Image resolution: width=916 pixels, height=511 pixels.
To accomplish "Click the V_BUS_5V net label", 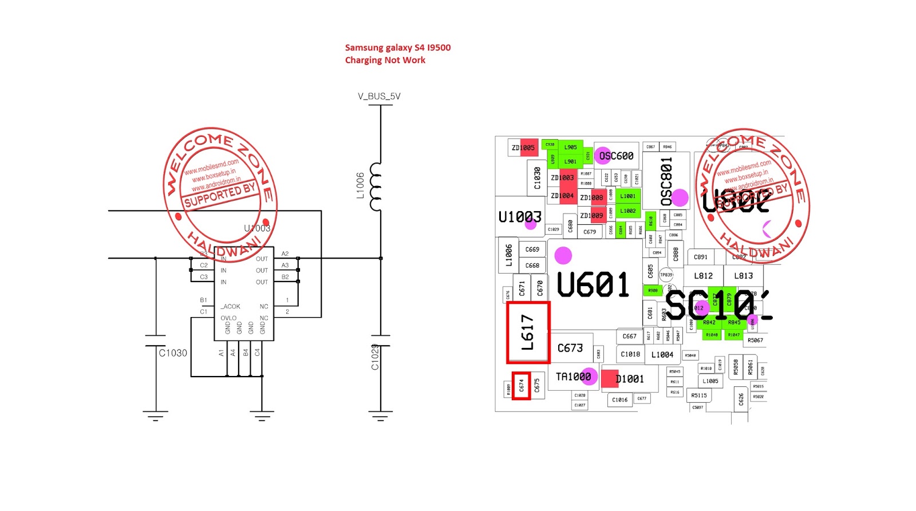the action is point(379,96).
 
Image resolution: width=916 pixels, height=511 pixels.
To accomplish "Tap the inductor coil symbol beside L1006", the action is point(376,187).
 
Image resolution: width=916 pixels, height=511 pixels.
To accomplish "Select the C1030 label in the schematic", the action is point(172,353).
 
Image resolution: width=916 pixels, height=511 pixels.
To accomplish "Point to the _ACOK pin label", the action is point(231,307).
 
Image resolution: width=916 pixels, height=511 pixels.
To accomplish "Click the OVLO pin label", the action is point(228,318).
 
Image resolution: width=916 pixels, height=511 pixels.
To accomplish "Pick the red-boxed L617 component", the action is point(528,332).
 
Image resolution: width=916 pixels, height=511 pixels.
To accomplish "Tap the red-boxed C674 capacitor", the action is point(521,386).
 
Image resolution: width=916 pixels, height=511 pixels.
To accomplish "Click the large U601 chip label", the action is point(593,284).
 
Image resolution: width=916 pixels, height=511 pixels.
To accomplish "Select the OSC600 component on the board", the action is point(616,156).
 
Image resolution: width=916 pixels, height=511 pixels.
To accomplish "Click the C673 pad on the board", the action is point(570,348).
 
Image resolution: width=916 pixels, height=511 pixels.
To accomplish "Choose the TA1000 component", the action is point(573,377).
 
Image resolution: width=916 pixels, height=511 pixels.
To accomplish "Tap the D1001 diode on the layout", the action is point(629,379).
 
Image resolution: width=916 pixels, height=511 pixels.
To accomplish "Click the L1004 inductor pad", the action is point(662,355).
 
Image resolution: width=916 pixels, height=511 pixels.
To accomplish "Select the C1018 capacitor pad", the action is point(630,354).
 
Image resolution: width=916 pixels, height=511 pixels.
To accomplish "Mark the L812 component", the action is point(704,276).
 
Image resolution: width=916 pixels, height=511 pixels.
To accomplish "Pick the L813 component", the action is point(744,276).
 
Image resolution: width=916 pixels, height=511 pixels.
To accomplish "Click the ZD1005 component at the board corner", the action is point(523,148).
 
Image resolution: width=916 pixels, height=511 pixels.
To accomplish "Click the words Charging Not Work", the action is point(385,60).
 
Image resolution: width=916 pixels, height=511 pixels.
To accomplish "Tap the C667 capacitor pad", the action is point(629,336).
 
